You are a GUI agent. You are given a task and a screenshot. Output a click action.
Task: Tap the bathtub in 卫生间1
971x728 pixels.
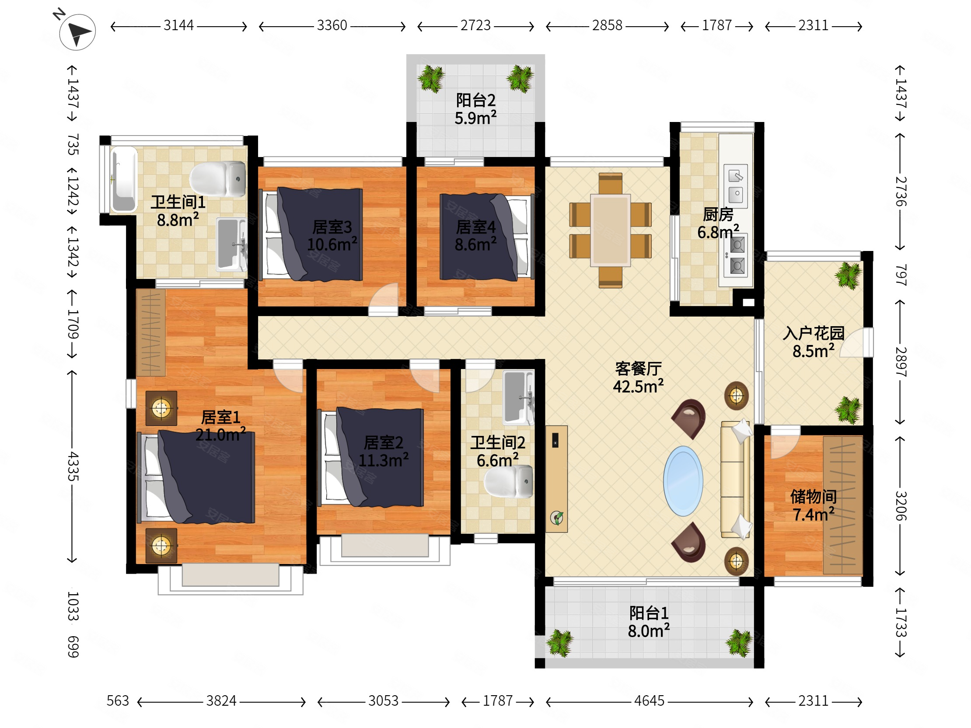123,179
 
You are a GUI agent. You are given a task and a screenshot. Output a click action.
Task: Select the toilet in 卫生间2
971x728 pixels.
509,481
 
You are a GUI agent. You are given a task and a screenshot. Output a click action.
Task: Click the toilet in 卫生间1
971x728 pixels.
218,178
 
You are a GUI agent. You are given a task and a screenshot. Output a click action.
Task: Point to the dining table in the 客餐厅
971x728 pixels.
610,230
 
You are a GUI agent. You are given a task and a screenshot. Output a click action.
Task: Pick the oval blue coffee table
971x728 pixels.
683,481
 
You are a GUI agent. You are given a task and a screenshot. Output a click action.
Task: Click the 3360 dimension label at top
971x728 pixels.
332,25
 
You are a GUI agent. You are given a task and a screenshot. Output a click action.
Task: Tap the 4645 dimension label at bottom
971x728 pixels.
649,701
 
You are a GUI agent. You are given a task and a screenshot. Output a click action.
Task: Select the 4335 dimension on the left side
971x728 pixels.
73,466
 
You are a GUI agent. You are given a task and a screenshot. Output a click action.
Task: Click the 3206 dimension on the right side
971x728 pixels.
901,506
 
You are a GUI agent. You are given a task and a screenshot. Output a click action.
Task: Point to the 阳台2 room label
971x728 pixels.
476,101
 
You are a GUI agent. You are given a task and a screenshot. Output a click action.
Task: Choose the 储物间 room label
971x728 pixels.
814,497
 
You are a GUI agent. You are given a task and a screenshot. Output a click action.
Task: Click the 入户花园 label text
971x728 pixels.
814,334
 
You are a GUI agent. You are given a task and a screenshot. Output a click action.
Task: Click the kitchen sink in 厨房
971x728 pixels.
736,187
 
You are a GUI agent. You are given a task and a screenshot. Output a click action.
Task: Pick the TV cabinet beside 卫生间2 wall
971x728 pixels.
556,479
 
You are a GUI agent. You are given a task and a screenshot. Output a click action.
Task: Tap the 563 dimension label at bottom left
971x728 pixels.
118,701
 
